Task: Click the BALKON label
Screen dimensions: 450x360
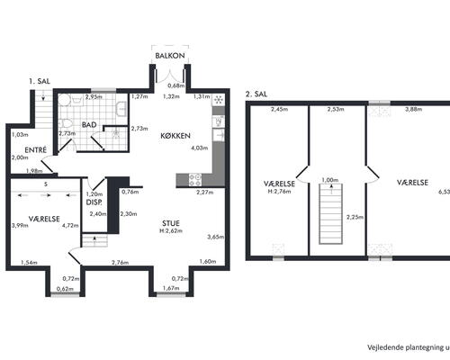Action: tap(170, 56)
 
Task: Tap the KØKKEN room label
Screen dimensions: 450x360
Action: tap(175, 136)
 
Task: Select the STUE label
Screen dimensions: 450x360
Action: tap(171, 223)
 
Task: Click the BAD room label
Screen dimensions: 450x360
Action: tap(89, 125)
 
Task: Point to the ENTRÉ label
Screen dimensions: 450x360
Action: tap(35, 150)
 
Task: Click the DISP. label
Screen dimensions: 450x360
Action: tap(94, 202)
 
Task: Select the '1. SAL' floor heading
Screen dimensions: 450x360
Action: tap(40, 81)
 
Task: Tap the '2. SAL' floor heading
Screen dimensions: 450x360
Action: tap(256, 94)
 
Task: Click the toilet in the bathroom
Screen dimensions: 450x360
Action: tap(66, 123)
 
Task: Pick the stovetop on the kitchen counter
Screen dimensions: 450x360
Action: tap(195, 180)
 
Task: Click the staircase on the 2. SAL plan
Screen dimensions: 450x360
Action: tap(330, 213)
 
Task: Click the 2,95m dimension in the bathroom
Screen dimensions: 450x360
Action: tap(94, 96)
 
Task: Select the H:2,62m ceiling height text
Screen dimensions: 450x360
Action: tap(171, 231)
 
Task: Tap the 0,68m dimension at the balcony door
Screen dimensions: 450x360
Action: tap(175, 85)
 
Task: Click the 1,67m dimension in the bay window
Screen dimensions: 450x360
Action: tap(171, 288)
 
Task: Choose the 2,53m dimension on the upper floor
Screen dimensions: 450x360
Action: tap(336, 109)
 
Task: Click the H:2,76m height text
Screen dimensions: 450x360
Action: tap(279, 191)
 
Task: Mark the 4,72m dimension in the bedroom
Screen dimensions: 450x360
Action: tap(70, 225)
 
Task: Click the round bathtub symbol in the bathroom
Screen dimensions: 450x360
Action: tap(64, 100)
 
